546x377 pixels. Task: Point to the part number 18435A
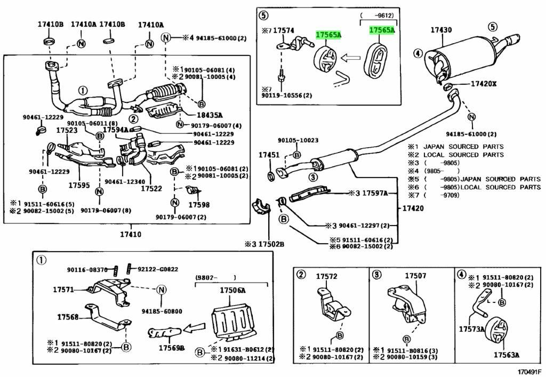209,115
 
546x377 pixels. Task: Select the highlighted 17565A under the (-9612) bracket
382,31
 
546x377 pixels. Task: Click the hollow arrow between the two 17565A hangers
351,57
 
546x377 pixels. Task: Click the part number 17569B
171,348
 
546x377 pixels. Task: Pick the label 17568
68,317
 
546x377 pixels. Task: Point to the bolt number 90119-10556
287,95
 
